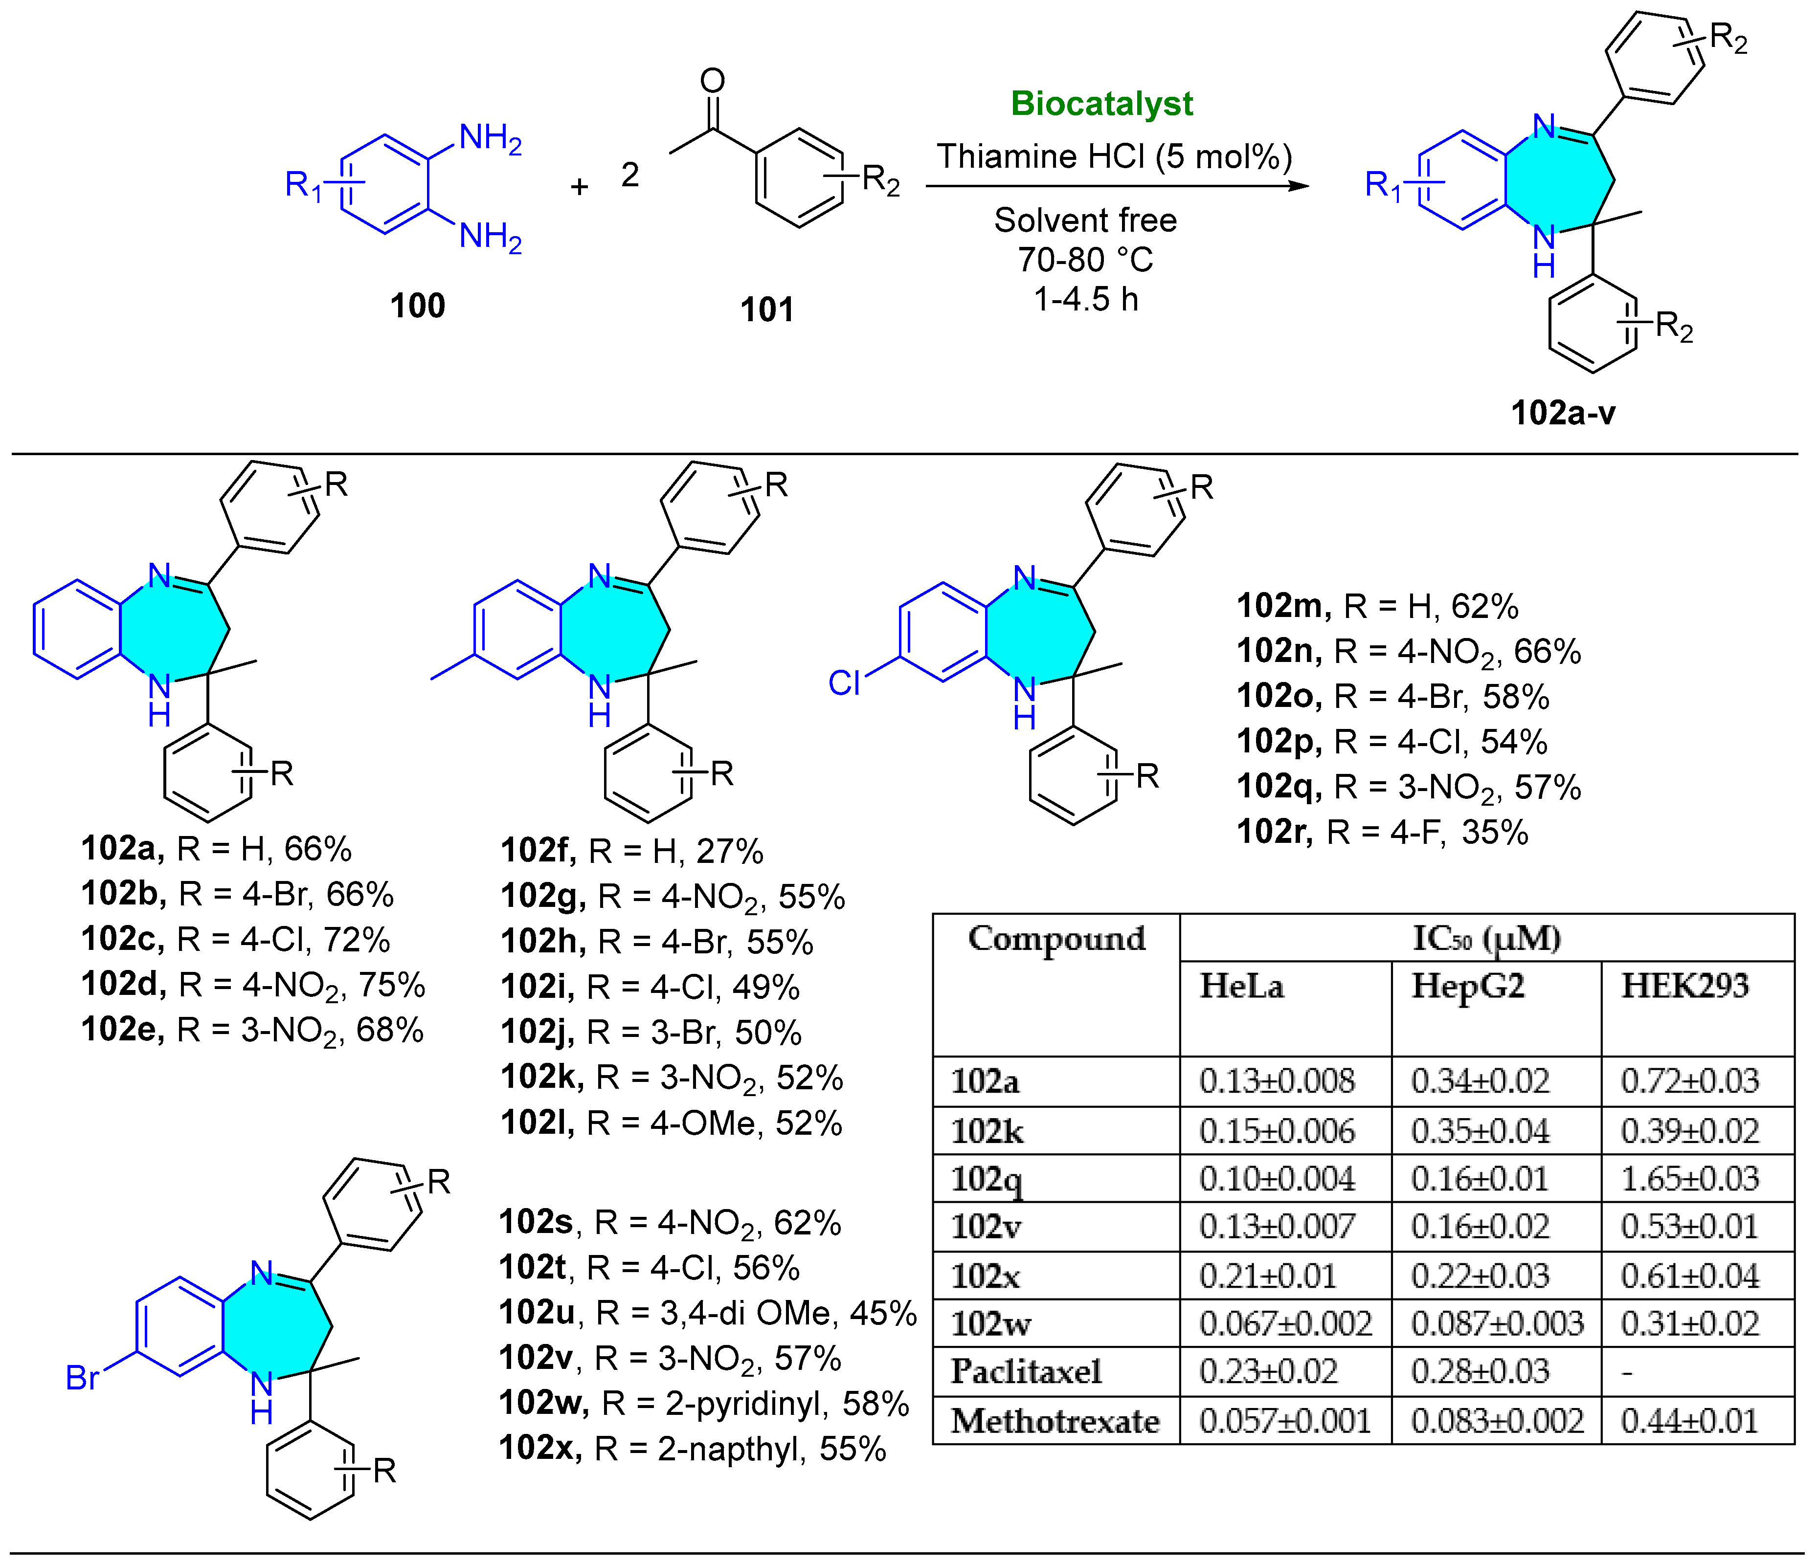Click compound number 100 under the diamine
418,306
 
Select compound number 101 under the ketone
767,309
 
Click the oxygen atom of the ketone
713,81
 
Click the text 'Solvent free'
1085,220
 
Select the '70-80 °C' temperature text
1085,260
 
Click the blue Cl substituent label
844,683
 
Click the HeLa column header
1241,987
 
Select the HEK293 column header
1684,987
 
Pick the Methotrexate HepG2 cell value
1497,1421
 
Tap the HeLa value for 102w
1285,1323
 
